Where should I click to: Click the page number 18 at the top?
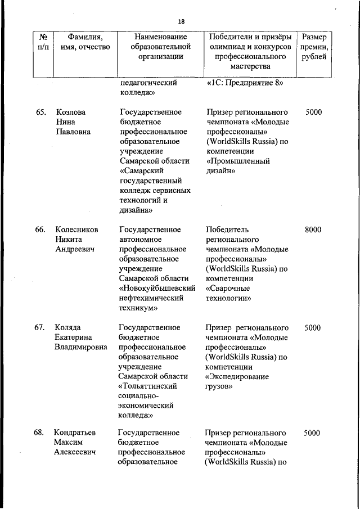(181, 21)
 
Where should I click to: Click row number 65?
(40, 112)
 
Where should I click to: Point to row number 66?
(40, 229)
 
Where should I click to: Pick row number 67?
(40, 327)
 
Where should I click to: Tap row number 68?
(40, 433)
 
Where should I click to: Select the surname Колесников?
(76, 229)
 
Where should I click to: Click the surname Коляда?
(67, 327)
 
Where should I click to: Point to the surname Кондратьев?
(75, 433)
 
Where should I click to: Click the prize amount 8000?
(313, 229)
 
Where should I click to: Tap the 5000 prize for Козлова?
(313, 112)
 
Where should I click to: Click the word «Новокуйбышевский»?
(157, 288)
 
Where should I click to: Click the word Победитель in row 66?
(227, 229)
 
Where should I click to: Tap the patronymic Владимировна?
(81, 347)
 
